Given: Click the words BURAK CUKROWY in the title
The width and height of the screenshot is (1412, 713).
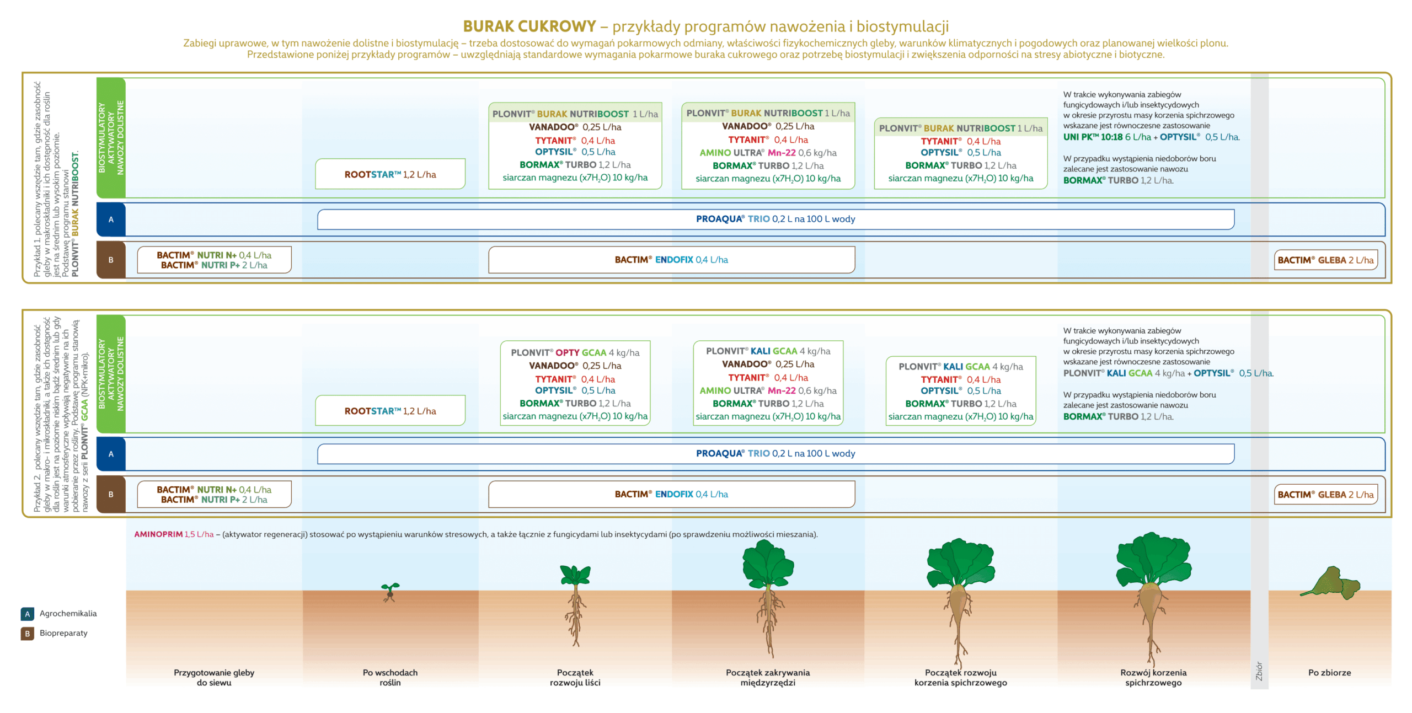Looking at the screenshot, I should [529, 26].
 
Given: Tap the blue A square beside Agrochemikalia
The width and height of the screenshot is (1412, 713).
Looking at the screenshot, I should [27, 614].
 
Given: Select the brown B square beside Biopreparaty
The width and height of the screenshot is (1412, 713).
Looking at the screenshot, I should [27, 634].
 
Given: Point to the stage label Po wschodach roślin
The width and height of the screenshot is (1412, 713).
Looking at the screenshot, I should [390, 677].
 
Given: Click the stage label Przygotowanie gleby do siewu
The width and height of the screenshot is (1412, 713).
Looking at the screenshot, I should [214, 677].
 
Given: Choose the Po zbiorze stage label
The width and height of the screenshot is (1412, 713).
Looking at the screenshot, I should [1329, 673].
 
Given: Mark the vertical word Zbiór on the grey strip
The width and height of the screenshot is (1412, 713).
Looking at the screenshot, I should [1259, 671].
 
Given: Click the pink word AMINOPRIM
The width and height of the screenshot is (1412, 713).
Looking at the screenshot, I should [158, 534].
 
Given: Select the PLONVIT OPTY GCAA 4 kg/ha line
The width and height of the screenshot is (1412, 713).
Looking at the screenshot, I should [575, 353].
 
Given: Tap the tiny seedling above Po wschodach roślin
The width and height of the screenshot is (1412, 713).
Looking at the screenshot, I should [390, 592].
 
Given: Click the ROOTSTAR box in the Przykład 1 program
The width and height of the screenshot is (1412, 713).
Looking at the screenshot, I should [390, 174].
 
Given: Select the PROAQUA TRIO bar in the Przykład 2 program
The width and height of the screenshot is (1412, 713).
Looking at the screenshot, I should [775, 453].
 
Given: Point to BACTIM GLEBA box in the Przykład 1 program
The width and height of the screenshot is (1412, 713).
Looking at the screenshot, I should [1325, 260].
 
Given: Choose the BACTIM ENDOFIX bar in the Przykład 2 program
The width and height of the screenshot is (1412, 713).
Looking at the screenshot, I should [671, 494].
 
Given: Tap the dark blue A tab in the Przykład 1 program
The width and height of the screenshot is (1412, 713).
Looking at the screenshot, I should [111, 219].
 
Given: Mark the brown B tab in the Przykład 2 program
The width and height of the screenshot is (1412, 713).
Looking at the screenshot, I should [111, 494].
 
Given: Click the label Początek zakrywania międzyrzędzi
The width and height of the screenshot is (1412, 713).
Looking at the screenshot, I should [768, 677].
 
